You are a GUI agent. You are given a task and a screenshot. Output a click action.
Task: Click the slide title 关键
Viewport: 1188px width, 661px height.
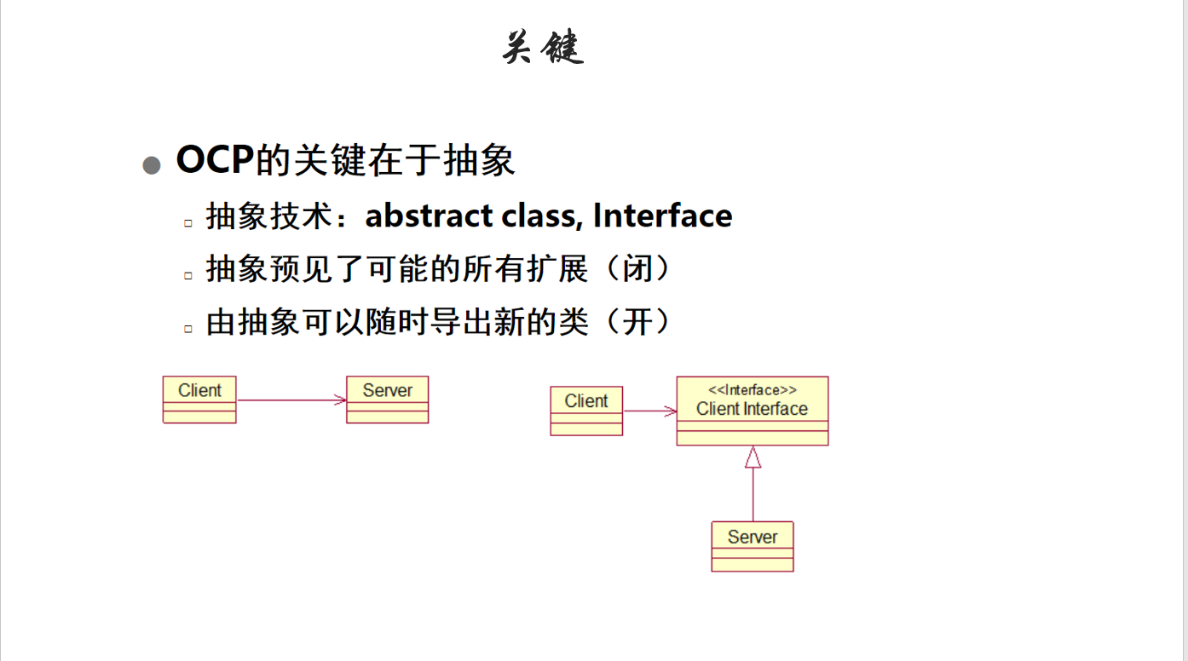click(543, 48)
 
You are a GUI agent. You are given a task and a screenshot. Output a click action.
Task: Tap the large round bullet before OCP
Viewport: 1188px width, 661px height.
click(152, 165)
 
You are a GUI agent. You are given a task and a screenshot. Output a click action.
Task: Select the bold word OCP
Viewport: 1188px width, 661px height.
click(215, 160)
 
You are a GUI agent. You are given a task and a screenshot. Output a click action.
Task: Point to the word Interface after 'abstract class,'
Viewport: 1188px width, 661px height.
click(662, 216)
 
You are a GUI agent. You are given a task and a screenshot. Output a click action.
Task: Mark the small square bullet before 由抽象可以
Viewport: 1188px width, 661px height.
click(188, 329)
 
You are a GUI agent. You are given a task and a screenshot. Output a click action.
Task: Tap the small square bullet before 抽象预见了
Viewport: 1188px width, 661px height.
click(188, 275)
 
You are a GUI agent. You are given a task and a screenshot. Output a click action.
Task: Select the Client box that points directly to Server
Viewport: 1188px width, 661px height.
click(199, 399)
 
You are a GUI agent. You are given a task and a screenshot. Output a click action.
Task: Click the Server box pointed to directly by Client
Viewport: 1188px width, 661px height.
click(387, 399)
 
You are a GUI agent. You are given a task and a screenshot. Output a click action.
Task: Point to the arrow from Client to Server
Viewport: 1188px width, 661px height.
click(291, 400)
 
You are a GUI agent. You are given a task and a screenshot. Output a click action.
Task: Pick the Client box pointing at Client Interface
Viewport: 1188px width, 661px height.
click(586, 411)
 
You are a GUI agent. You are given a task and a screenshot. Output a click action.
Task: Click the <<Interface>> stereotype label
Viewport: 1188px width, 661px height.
click(753, 390)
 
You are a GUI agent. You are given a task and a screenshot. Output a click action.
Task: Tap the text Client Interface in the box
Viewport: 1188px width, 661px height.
click(752, 409)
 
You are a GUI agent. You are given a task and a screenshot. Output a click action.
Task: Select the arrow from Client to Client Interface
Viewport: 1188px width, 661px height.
click(649, 411)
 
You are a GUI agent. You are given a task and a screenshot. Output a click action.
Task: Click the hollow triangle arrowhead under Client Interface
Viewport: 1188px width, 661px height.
click(753, 457)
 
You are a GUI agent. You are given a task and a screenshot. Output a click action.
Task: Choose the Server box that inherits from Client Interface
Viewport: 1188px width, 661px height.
click(753, 546)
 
